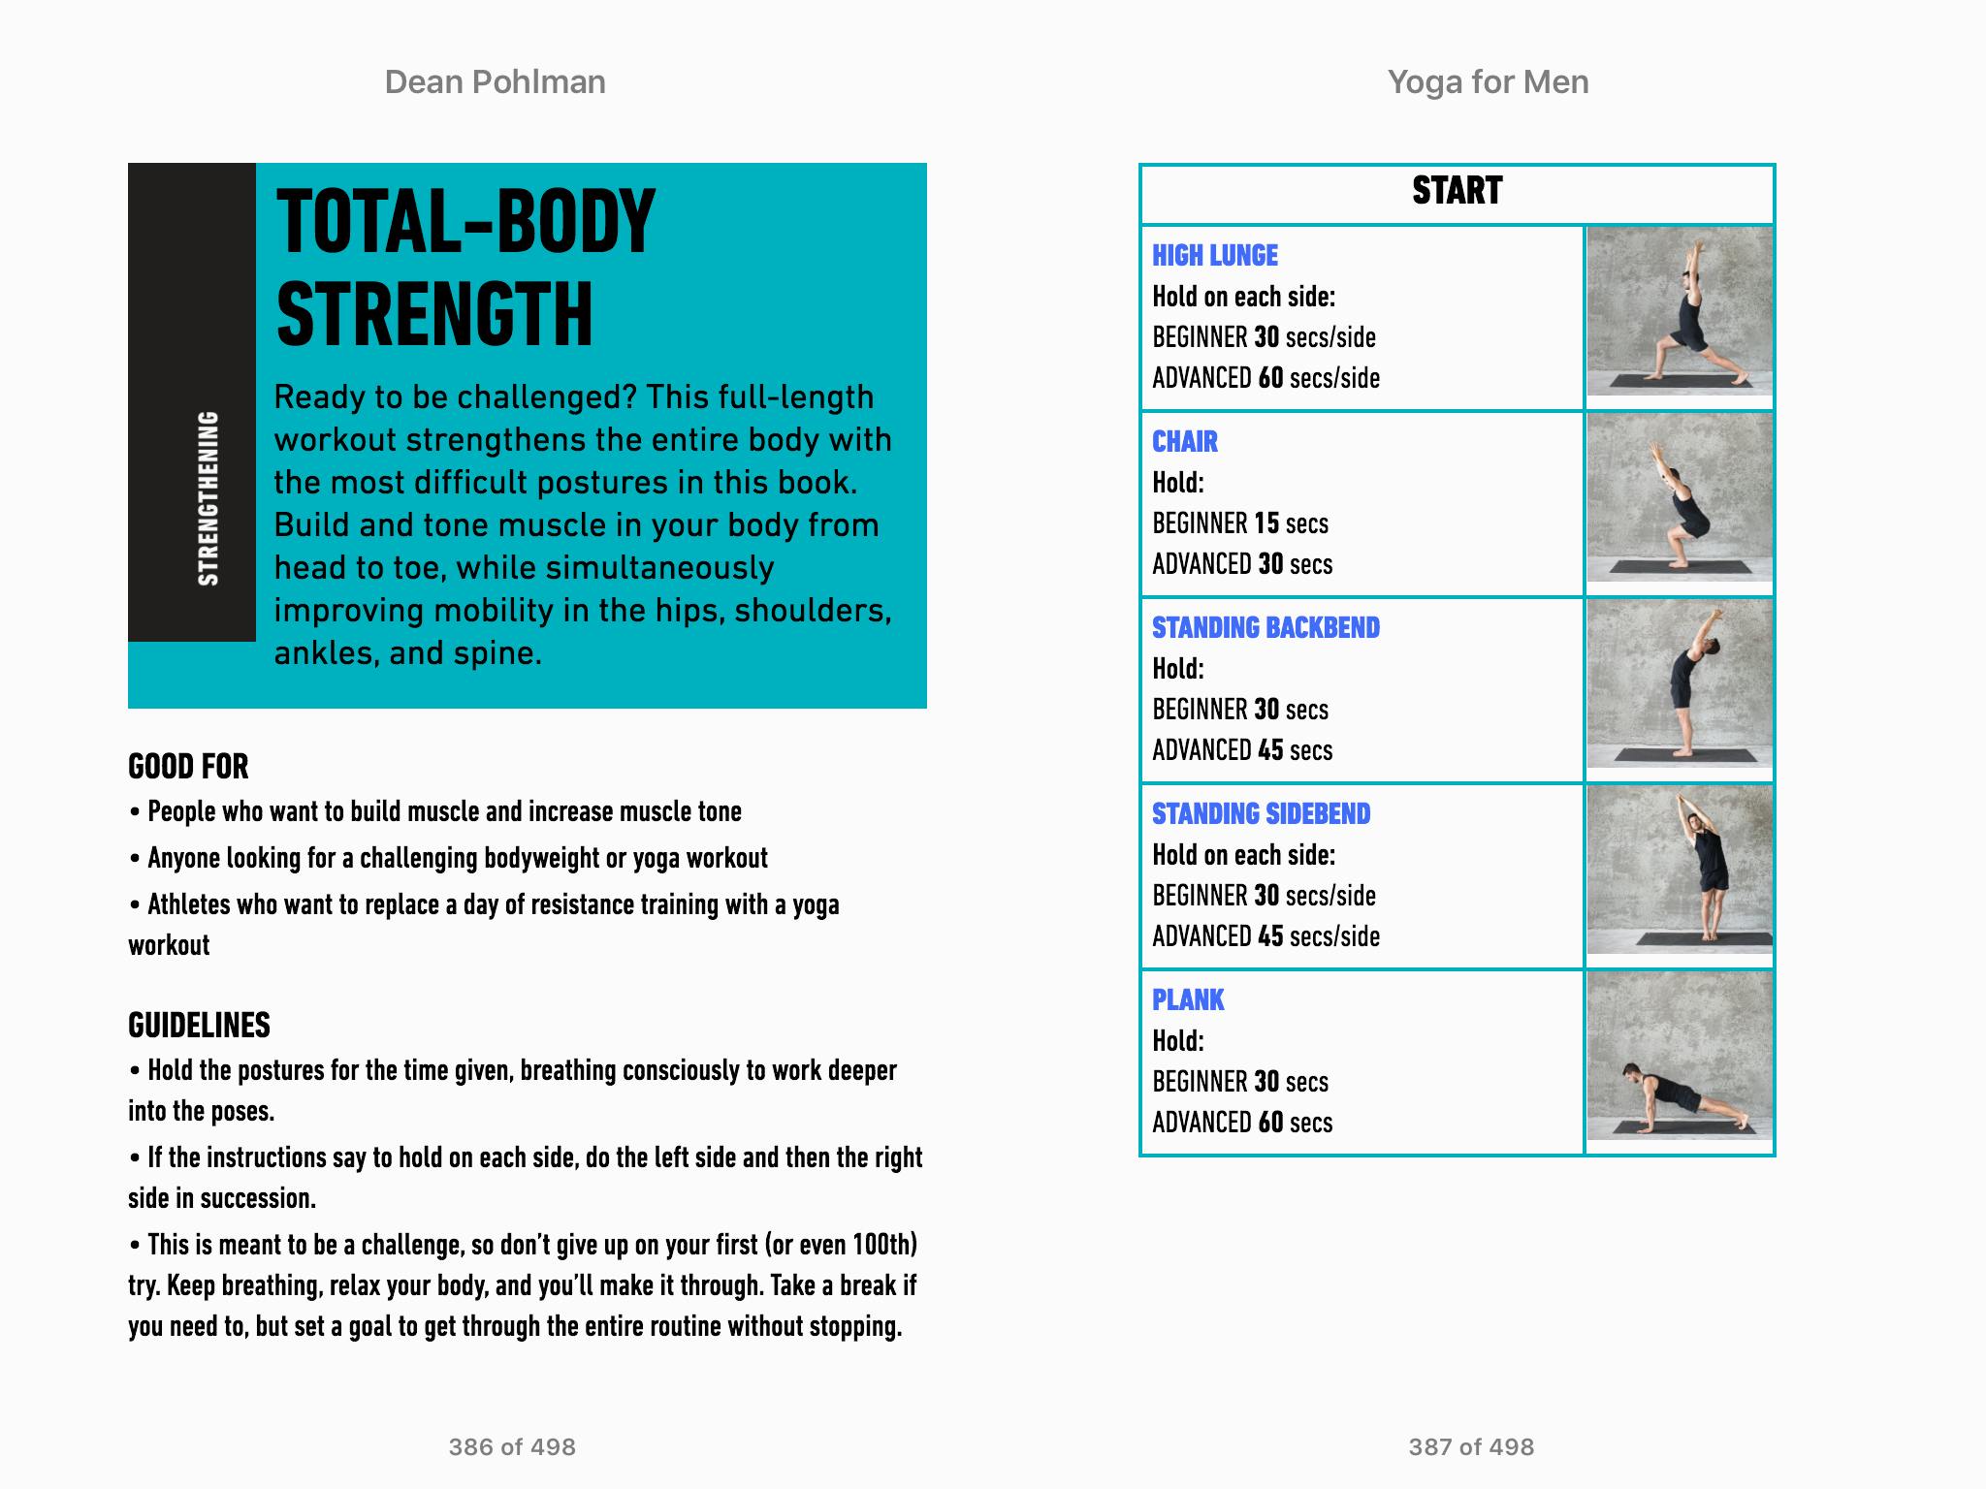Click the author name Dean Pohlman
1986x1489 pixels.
click(495, 82)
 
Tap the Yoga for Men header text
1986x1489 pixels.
click(1488, 82)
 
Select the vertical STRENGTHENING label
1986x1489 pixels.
click(208, 498)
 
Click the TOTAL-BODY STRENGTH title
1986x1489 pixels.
click(465, 267)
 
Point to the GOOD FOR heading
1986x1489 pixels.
click(188, 767)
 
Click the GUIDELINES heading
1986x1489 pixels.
click(199, 1026)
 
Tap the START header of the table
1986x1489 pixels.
click(1457, 191)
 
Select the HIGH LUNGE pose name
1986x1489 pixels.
click(1215, 256)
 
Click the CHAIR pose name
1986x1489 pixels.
click(1185, 442)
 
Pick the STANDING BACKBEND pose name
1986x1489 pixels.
click(1265, 628)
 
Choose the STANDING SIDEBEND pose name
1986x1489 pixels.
click(1261, 814)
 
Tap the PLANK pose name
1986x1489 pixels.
click(1188, 1000)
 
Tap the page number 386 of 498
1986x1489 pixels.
click(512, 1447)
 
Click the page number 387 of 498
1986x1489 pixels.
click(1471, 1447)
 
